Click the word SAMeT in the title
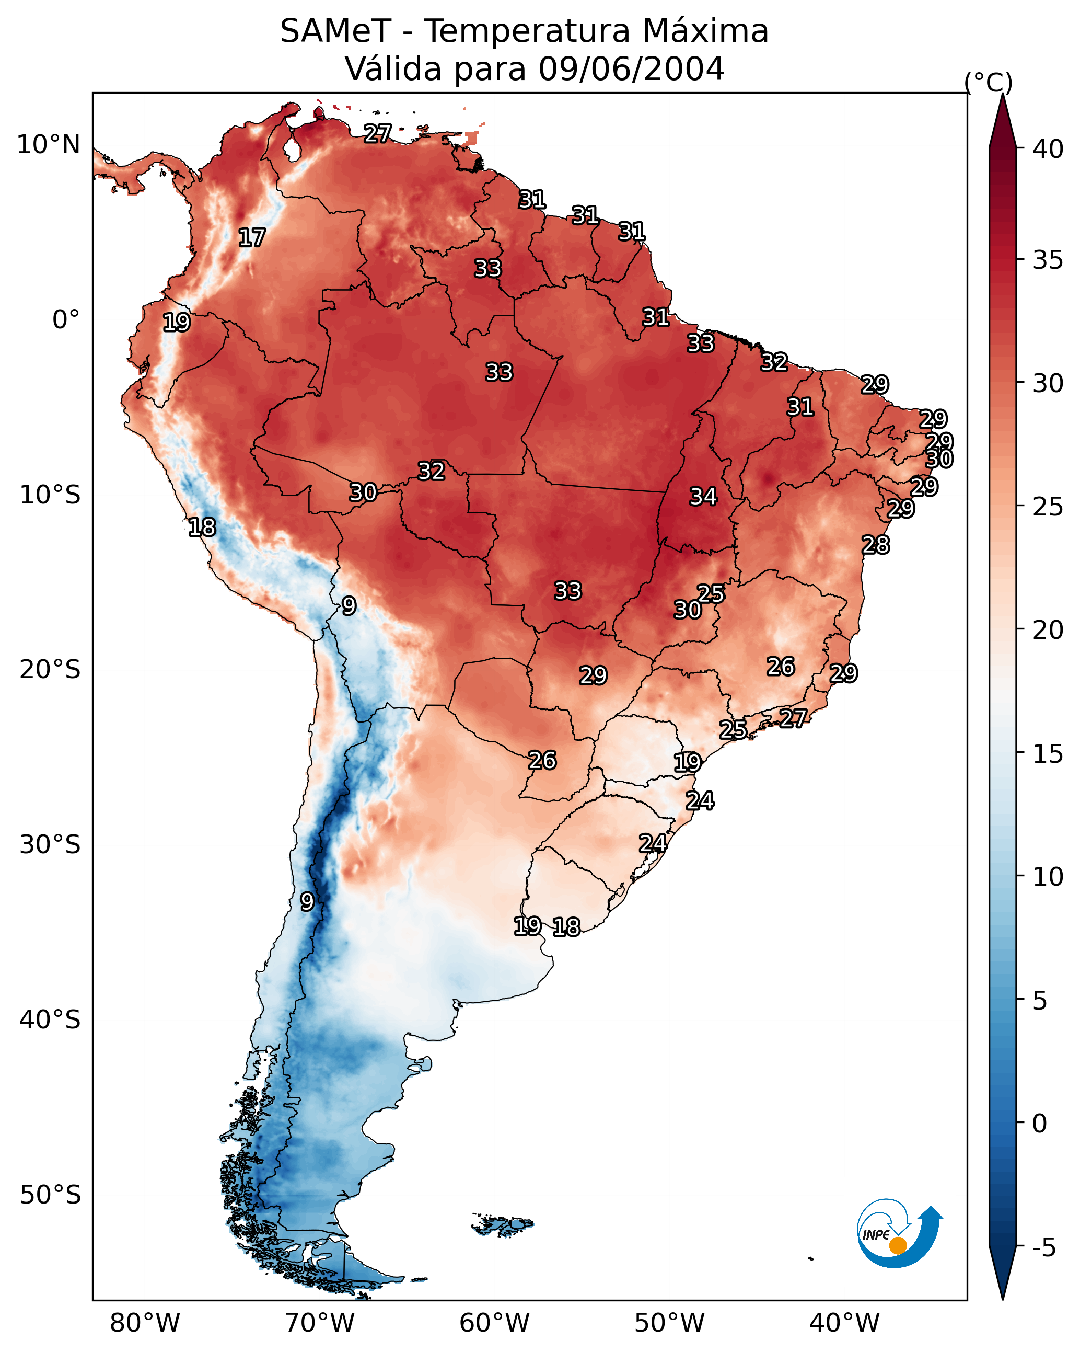click(335, 31)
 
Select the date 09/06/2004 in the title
click(631, 69)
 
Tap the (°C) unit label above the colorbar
click(989, 82)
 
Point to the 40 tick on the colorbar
click(1048, 149)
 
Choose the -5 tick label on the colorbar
click(1043, 1247)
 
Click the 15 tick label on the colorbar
click(1048, 754)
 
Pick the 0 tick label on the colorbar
click(1039, 1124)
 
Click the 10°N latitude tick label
click(48, 145)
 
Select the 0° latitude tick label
click(66, 320)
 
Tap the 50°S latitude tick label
click(50, 1195)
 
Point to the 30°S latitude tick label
click(50, 845)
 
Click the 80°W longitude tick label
click(145, 1323)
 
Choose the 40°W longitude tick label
click(844, 1323)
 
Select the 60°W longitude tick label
click(495, 1323)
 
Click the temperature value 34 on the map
click(703, 497)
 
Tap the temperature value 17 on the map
click(252, 238)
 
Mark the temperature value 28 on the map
click(876, 545)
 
